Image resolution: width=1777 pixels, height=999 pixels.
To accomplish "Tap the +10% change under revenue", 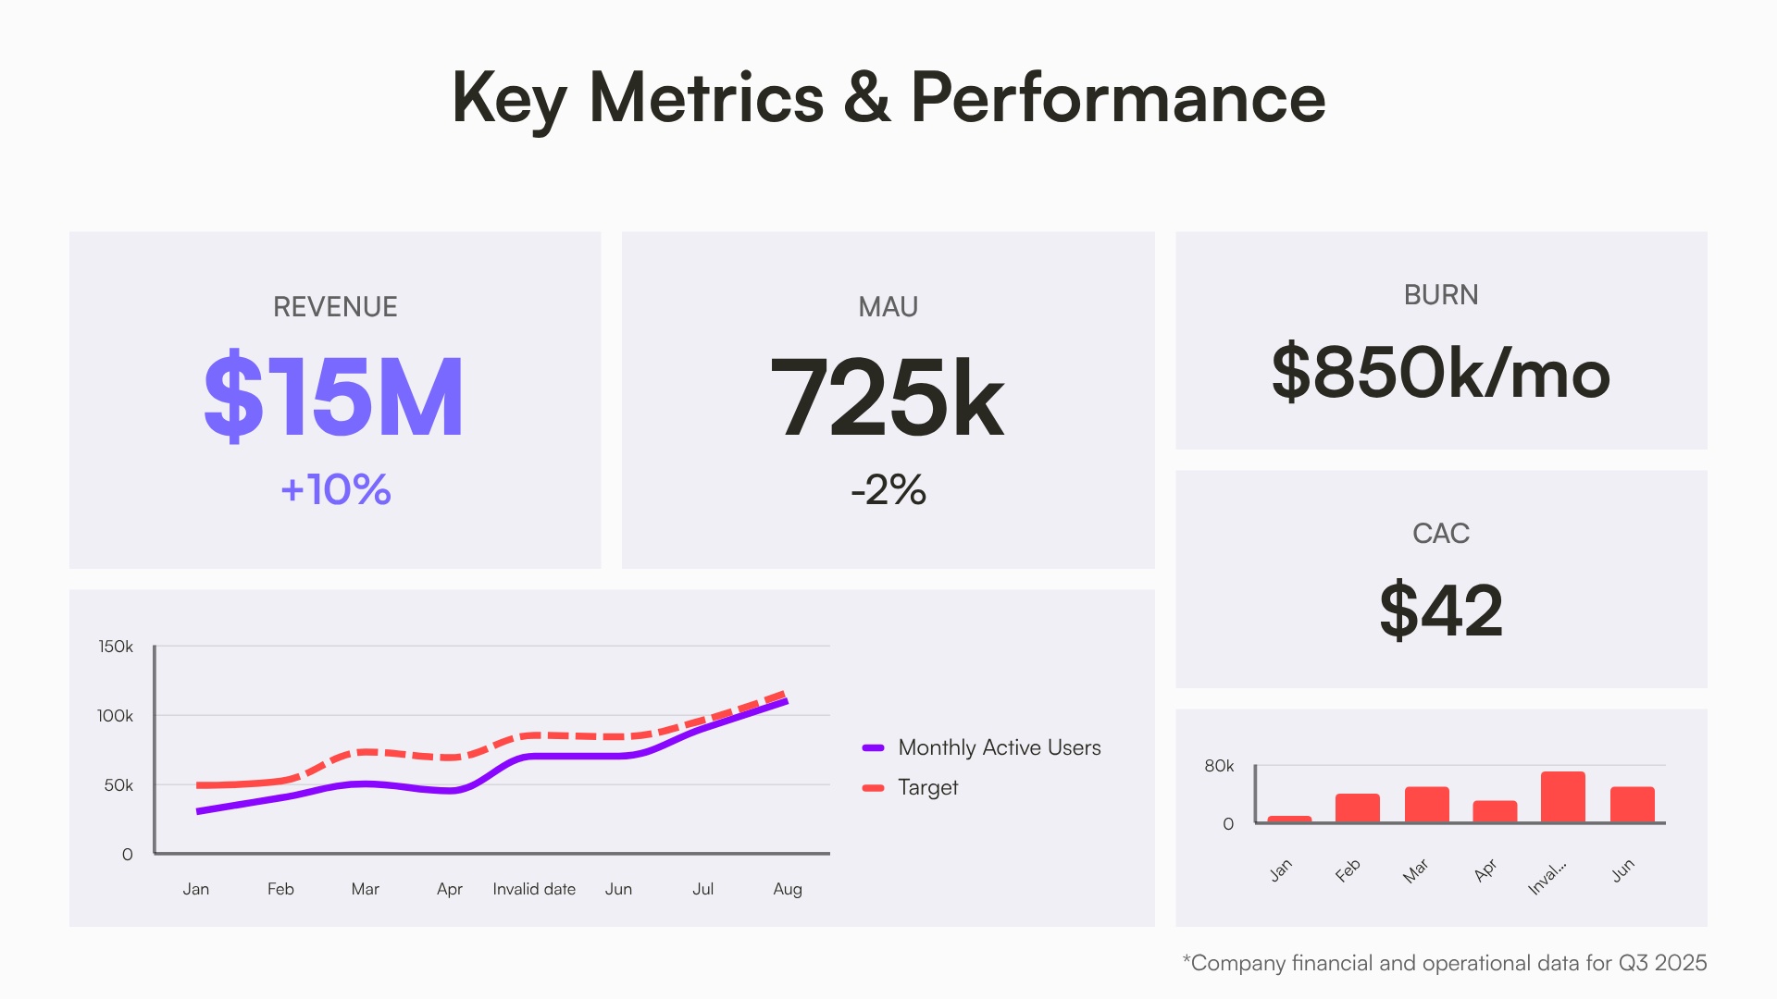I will (x=335, y=489).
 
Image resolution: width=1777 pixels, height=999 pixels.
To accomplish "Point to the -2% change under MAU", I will (x=888, y=489).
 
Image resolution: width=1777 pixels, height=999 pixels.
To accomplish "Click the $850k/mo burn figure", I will (x=1441, y=373).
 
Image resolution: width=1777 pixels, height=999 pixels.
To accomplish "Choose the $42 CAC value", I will (x=1441, y=610).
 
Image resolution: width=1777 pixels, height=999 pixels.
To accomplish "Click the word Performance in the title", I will (x=1118, y=97).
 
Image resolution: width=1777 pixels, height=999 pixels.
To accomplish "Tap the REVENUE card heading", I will (x=335, y=307).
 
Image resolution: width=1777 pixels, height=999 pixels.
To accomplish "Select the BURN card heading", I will (x=1441, y=295).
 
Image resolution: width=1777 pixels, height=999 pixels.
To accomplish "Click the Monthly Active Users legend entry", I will (x=999, y=747).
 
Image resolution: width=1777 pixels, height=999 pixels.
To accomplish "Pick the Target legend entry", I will (x=927, y=787).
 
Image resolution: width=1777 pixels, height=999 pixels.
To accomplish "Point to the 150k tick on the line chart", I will (x=116, y=647).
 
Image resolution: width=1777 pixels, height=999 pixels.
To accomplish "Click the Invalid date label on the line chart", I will (x=534, y=889).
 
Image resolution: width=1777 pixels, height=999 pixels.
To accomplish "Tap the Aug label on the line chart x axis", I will (x=788, y=889).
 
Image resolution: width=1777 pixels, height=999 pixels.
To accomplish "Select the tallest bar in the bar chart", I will (x=1562, y=797).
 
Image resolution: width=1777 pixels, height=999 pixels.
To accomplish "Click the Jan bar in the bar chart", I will (x=1289, y=819).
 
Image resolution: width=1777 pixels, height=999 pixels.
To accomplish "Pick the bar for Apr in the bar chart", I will (x=1495, y=811).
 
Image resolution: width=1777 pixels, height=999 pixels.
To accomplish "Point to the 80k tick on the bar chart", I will (x=1219, y=766).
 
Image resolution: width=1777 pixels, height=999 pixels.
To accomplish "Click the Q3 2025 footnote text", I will (x=1444, y=963).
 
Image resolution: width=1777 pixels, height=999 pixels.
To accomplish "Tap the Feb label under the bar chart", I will (x=1348, y=870).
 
